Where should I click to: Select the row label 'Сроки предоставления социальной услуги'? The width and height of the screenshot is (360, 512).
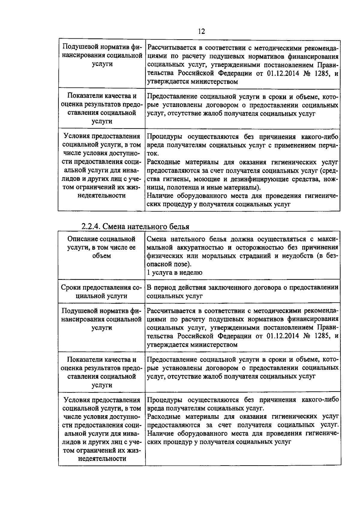click(101, 292)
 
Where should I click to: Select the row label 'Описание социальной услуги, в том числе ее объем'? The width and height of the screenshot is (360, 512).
click(101, 247)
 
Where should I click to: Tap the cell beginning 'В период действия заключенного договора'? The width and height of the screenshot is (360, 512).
click(243, 292)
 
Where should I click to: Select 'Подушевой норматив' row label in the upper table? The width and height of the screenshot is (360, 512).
click(101, 56)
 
